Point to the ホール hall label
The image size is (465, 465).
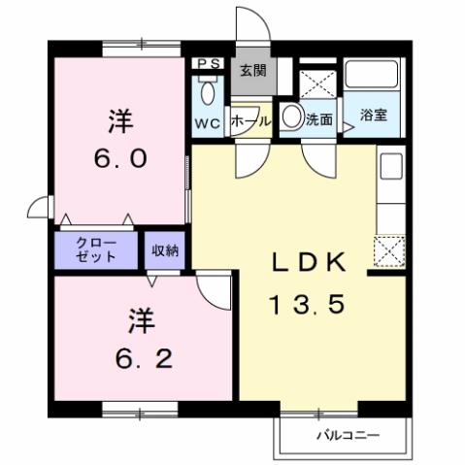[251, 122]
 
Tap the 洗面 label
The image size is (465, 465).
[319, 120]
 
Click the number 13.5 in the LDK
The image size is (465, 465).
[307, 306]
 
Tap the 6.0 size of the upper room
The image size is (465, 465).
[120, 158]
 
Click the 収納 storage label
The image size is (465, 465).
[165, 250]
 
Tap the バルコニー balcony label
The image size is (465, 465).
[347, 435]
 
